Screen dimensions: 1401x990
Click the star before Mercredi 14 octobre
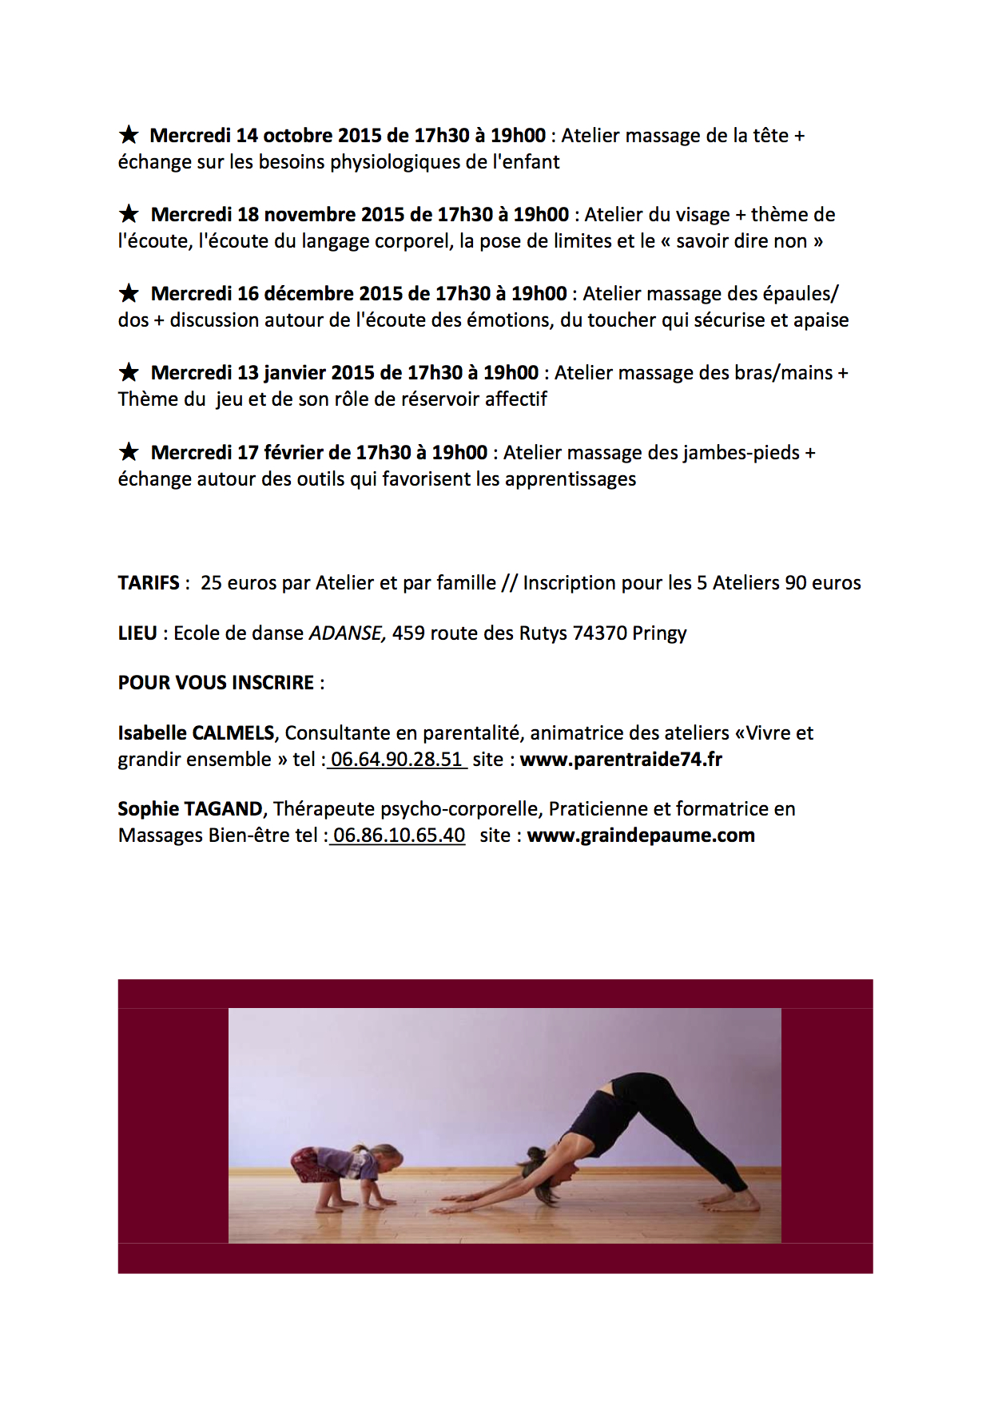tap(129, 135)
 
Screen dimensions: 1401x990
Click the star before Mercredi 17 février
tap(129, 452)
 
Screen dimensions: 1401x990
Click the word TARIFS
tap(149, 583)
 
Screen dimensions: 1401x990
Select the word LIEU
tap(137, 633)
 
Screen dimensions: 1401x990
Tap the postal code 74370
tap(599, 633)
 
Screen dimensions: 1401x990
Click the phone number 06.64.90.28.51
tap(396, 760)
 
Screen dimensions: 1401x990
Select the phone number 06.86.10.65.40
tap(399, 835)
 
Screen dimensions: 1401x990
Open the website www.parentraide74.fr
tap(621, 760)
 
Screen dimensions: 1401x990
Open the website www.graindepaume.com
tap(641, 835)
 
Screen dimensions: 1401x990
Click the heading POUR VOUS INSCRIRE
tap(217, 683)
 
